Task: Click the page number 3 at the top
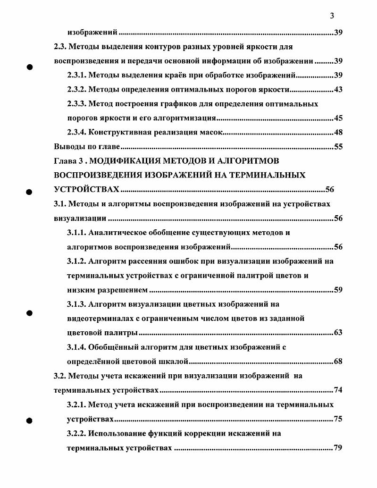pyautogui.click(x=332, y=16)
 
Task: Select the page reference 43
pyautogui.click(x=338, y=90)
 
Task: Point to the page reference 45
pyautogui.click(x=338, y=118)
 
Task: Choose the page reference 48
pyautogui.click(x=338, y=132)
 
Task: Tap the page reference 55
pyautogui.click(x=338, y=146)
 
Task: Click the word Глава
pyautogui.click(x=65, y=161)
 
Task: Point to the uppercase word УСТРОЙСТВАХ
pyautogui.click(x=87, y=190)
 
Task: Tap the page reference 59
pyautogui.click(x=338, y=290)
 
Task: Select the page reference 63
pyautogui.click(x=338, y=332)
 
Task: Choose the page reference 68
pyautogui.click(x=338, y=362)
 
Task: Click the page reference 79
pyautogui.click(x=338, y=447)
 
